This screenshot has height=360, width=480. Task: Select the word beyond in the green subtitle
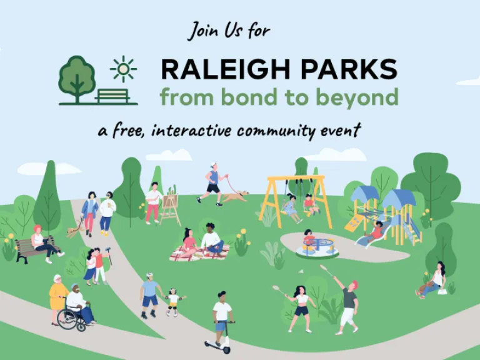point(366,97)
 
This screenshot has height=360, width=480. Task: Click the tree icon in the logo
point(76,76)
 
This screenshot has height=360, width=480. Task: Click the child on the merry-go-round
point(308,239)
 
